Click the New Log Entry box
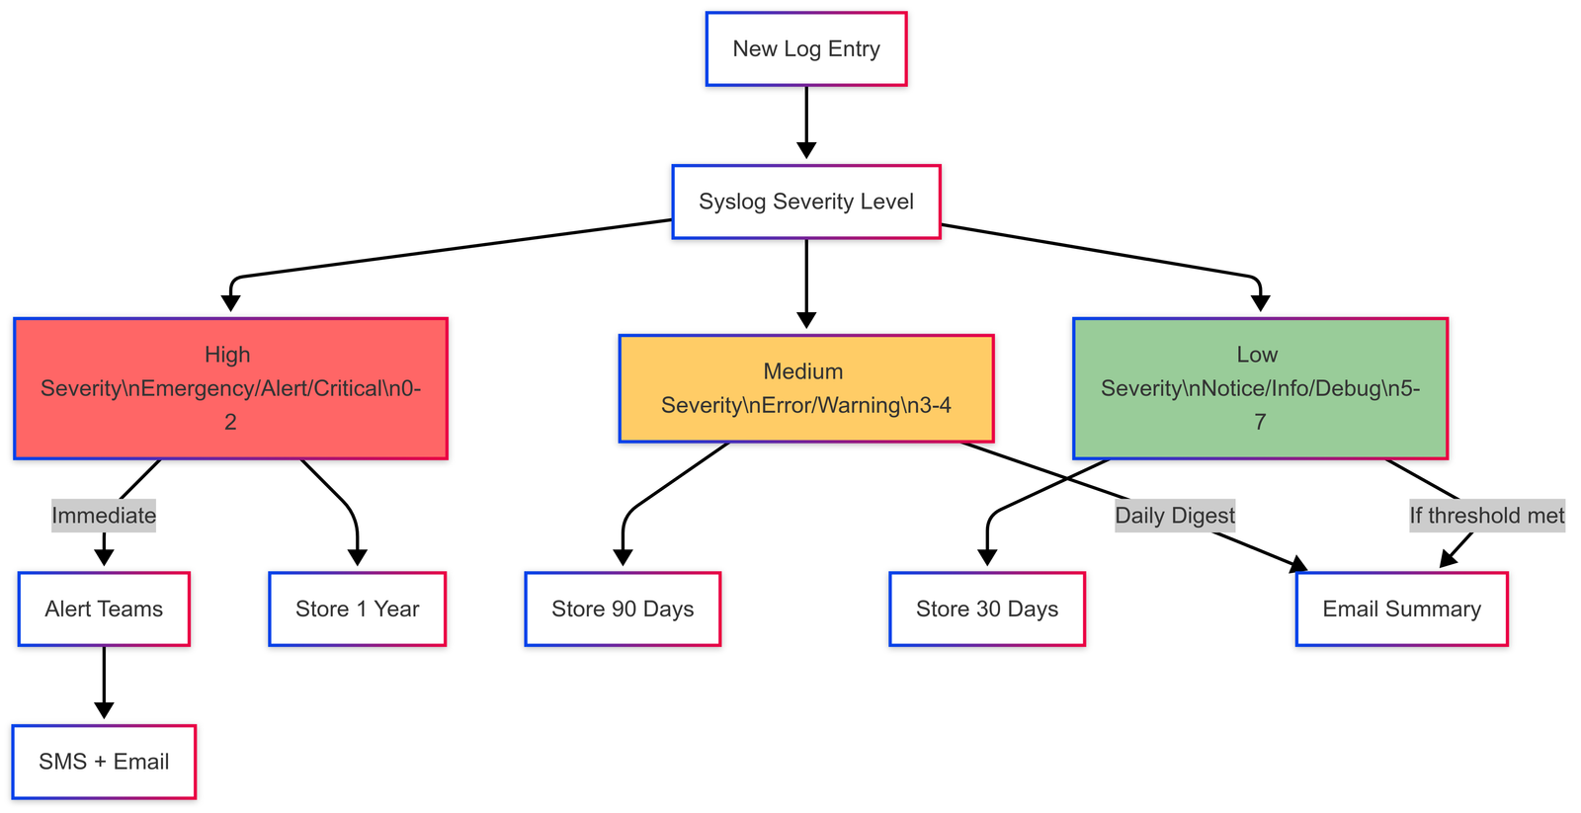click(806, 49)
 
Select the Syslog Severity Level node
click(806, 202)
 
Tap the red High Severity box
click(230, 388)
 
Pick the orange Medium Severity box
click(806, 388)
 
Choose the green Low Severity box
click(1260, 388)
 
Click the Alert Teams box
click(104, 609)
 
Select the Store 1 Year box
click(358, 609)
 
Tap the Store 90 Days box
click(623, 609)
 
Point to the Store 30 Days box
click(987, 609)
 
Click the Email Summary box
click(1401, 609)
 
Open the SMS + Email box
click(104, 762)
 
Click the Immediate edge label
click(104, 516)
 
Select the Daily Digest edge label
click(1175, 516)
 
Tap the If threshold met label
click(1486, 516)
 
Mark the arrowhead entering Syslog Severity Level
click(806, 150)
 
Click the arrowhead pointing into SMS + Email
click(104, 710)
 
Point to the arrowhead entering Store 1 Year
click(358, 557)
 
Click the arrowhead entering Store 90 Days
click(623, 557)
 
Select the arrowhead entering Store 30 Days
click(987, 557)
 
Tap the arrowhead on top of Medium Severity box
click(806, 320)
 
